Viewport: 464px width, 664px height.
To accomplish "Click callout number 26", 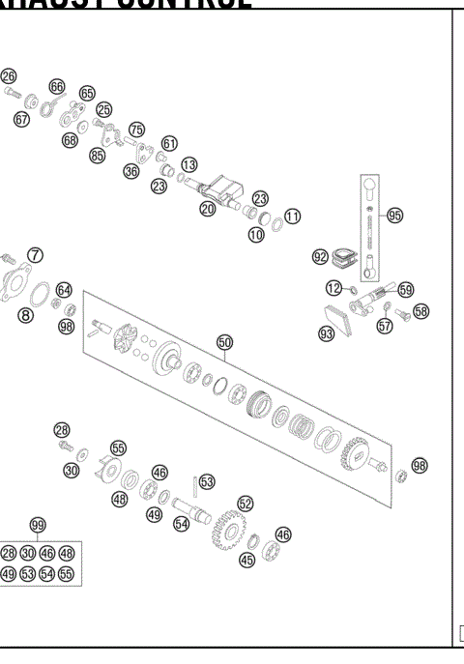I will [9, 76].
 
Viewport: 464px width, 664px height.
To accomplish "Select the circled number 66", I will [57, 86].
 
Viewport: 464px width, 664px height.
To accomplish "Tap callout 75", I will [136, 130].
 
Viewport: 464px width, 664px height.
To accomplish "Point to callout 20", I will [207, 208].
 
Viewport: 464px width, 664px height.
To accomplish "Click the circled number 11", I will [292, 216].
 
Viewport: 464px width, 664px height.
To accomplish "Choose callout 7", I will [35, 255].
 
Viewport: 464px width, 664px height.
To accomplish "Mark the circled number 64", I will [64, 289].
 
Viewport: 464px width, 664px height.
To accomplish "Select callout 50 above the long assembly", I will [224, 342].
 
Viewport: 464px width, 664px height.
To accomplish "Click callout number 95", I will [394, 215].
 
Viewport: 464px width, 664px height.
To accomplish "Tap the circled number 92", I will [320, 257].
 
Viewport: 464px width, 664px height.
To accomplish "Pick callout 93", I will [326, 332].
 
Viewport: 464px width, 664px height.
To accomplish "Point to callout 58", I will [420, 311].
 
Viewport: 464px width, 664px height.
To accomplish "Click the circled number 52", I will [245, 503].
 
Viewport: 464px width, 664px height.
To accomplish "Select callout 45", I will [246, 560].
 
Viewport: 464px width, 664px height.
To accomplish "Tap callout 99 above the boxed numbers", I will [38, 525].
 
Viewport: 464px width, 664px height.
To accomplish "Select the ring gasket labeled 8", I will [43, 294].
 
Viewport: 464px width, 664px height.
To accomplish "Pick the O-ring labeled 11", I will [276, 223].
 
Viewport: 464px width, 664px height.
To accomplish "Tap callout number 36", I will [131, 171].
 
